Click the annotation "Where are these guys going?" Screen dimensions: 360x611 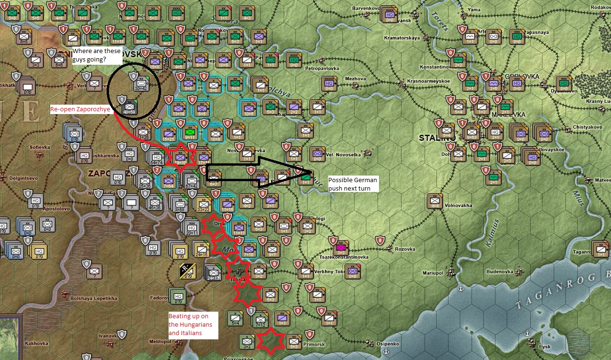(97, 55)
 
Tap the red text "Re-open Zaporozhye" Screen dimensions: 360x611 (80, 109)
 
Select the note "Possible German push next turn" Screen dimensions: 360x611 (353, 184)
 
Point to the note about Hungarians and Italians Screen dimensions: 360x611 (191, 324)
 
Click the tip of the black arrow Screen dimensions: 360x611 (311, 172)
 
